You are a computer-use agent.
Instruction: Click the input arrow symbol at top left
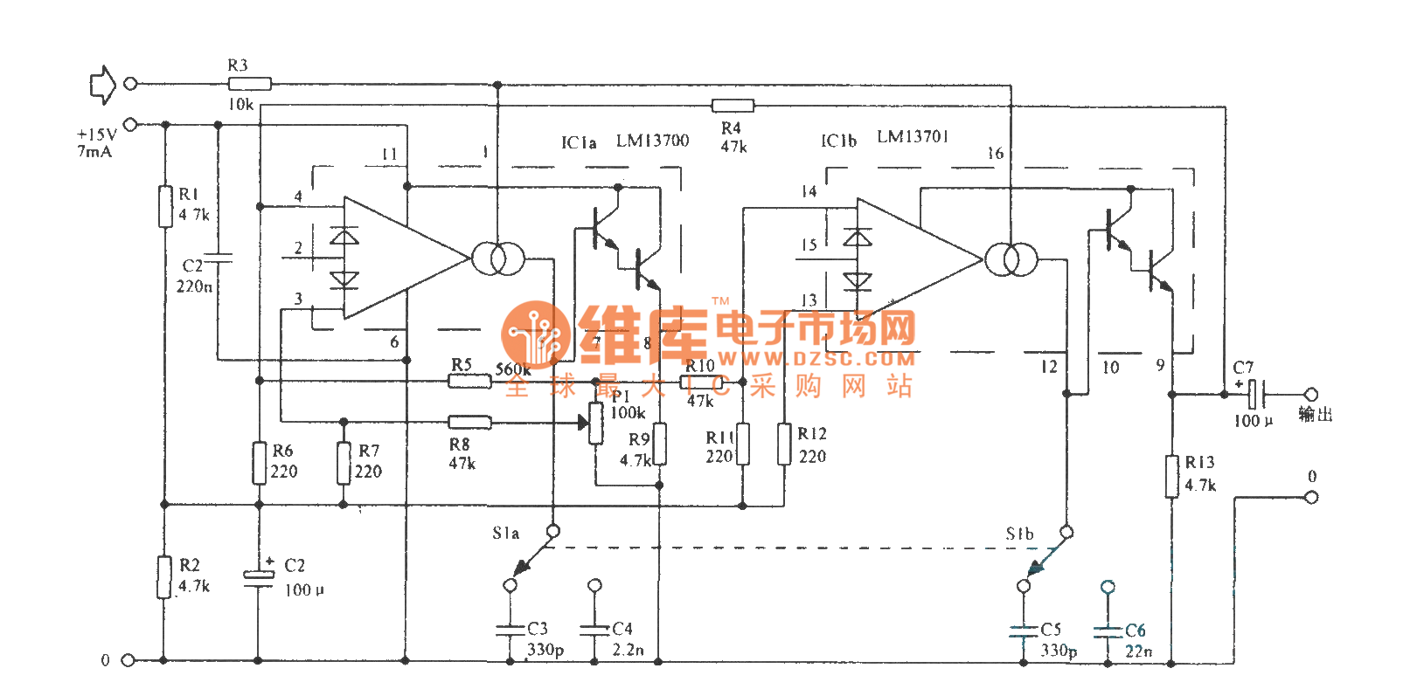coord(102,84)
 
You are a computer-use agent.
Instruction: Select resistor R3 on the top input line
coord(249,84)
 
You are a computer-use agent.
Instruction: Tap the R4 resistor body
coord(733,106)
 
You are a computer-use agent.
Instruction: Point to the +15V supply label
coord(96,134)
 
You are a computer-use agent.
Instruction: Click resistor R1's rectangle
coord(165,206)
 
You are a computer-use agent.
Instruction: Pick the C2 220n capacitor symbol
coord(219,258)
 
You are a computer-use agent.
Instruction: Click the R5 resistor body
coord(469,381)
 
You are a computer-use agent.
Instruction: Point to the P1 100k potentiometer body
coord(596,424)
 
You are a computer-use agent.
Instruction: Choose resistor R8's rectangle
coord(469,423)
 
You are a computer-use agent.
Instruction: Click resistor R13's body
coord(1171,476)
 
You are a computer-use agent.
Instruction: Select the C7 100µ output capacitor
coord(1254,394)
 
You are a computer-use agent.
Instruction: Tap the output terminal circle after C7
coord(1310,394)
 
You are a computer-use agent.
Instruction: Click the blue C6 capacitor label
coord(1135,630)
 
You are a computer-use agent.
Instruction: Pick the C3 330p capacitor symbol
coord(510,629)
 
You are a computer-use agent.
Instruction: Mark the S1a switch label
coord(505,533)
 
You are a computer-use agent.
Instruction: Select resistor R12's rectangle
coord(784,444)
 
